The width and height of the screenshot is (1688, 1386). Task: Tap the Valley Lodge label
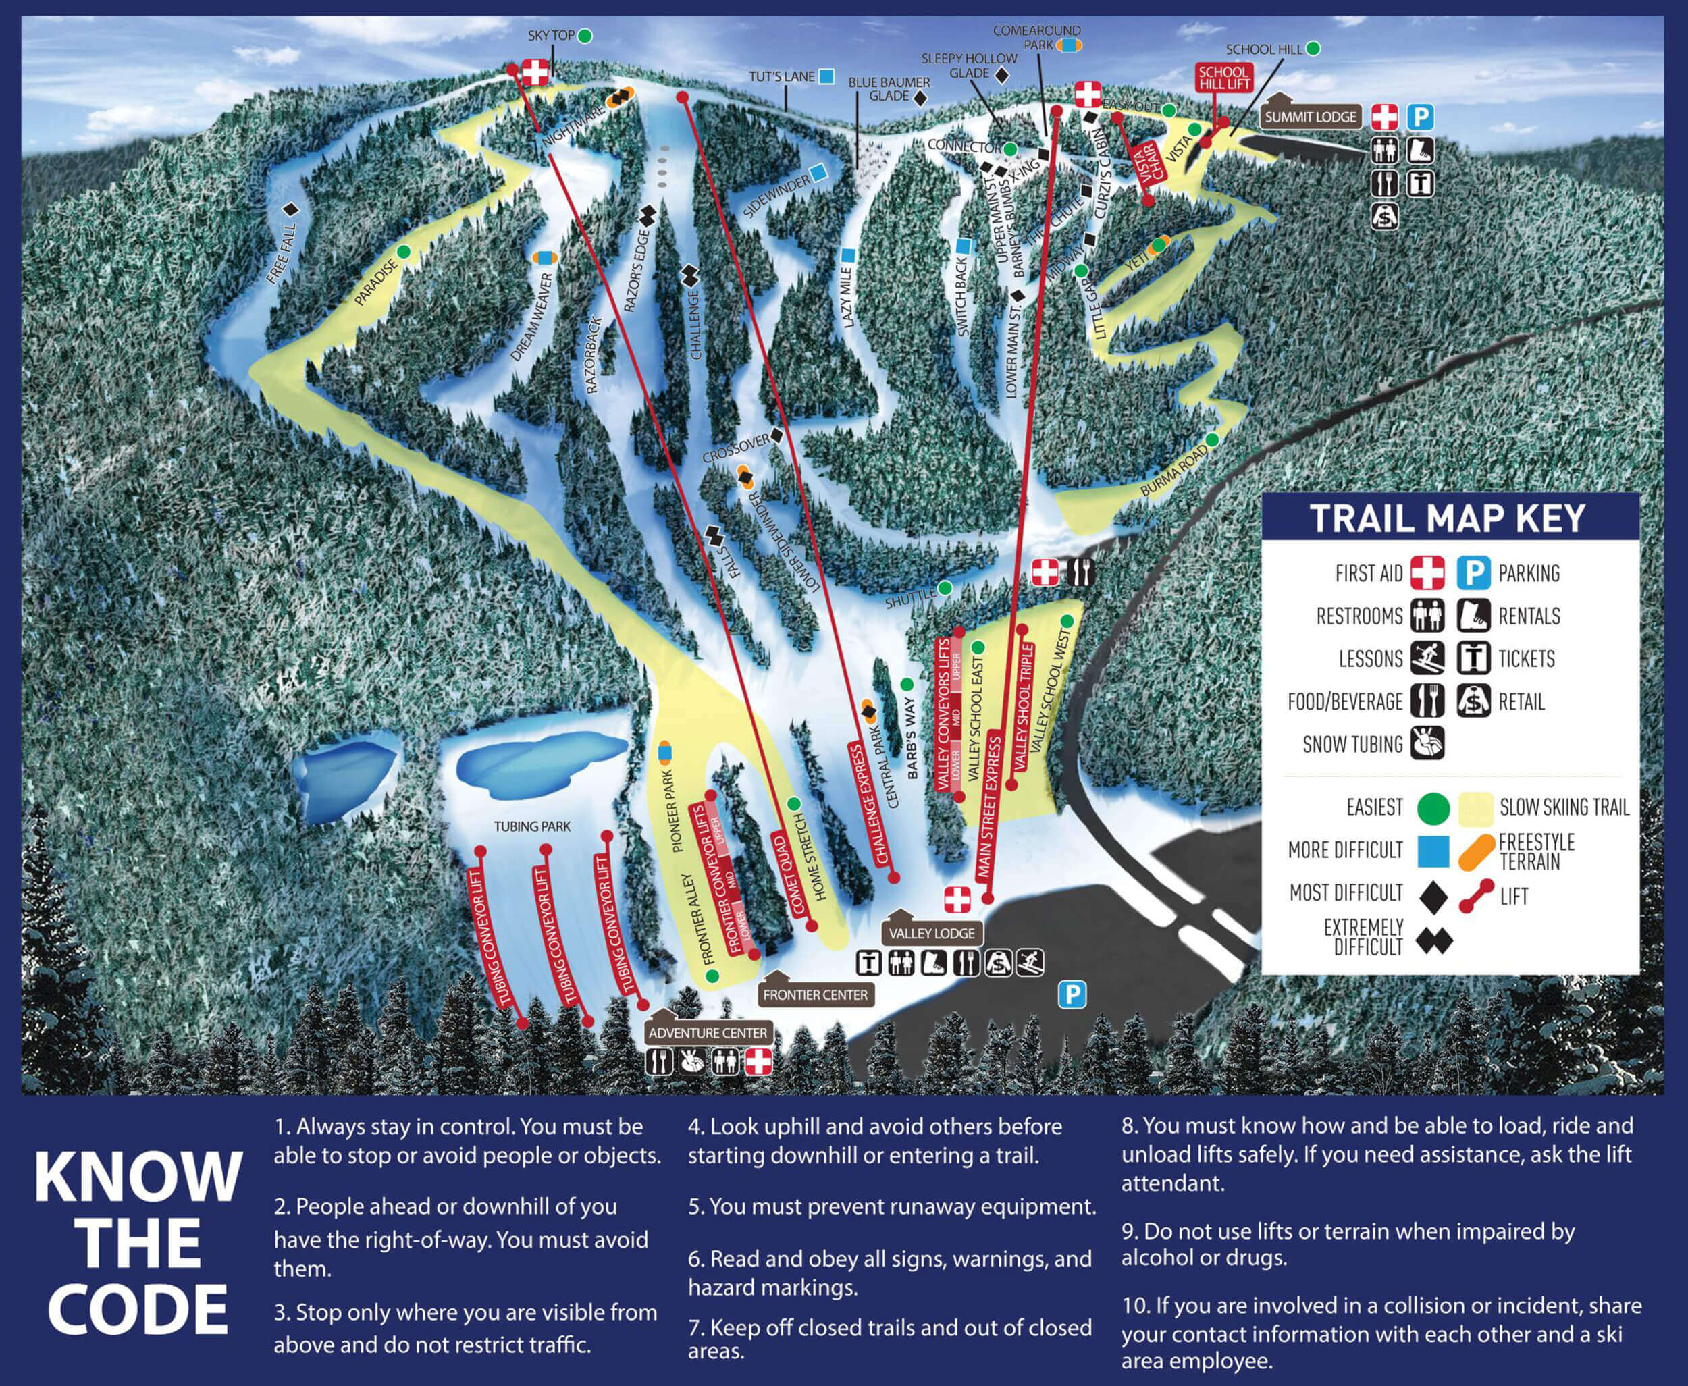(932, 933)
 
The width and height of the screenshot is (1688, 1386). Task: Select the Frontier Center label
(814, 995)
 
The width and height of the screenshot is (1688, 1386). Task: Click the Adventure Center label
(708, 1033)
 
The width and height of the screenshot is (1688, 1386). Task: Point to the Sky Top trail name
(551, 36)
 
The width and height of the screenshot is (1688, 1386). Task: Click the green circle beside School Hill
(1312, 49)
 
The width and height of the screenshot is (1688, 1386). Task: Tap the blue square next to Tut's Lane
(826, 77)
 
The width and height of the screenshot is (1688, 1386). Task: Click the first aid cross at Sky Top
(535, 72)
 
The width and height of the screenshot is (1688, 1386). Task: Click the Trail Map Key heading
(1447, 519)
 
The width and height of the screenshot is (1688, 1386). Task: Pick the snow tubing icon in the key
(1427, 744)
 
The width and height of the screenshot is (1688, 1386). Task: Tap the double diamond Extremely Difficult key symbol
(1433, 941)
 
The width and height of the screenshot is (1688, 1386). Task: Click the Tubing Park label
(532, 826)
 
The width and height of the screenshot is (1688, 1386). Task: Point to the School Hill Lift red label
(1223, 78)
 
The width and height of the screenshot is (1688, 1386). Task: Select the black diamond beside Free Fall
(290, 209)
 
